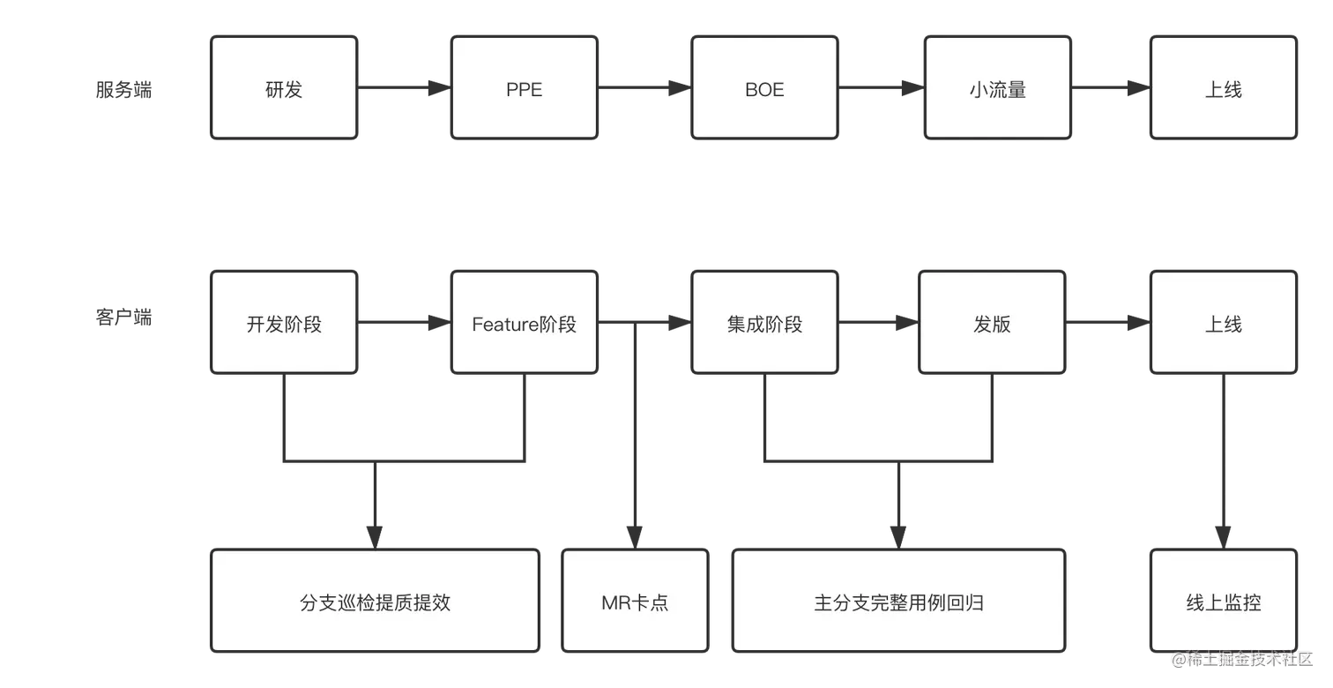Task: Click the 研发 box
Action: (x=284, y=88)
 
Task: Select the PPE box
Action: (x=525, y=88)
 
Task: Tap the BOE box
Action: (x=764, y=88)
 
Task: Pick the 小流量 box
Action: (x=997, y=88)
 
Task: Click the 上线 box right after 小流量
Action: (x=1224, y=88)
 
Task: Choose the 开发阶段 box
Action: (x=284, y=323)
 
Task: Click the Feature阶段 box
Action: (x=525, y=323)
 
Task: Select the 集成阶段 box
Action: (x=764, y=323)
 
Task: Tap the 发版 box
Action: (x=992, y=323)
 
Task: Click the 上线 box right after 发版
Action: (x=1224, y=323)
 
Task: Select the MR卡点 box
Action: (x=635, y=602)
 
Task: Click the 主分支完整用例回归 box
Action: (x=898, y=602)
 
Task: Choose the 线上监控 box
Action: (x=1224, y=602)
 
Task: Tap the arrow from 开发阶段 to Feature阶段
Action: (x=405, y=325)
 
